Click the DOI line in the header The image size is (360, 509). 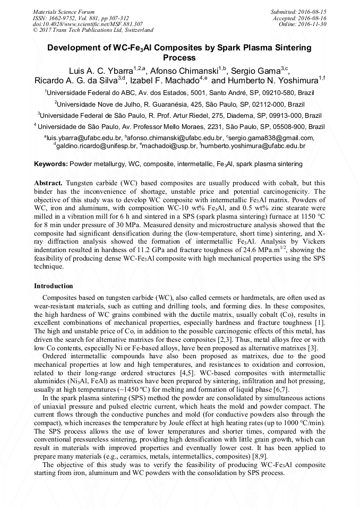(88, 24)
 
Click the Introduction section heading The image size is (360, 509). (54, 286)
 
